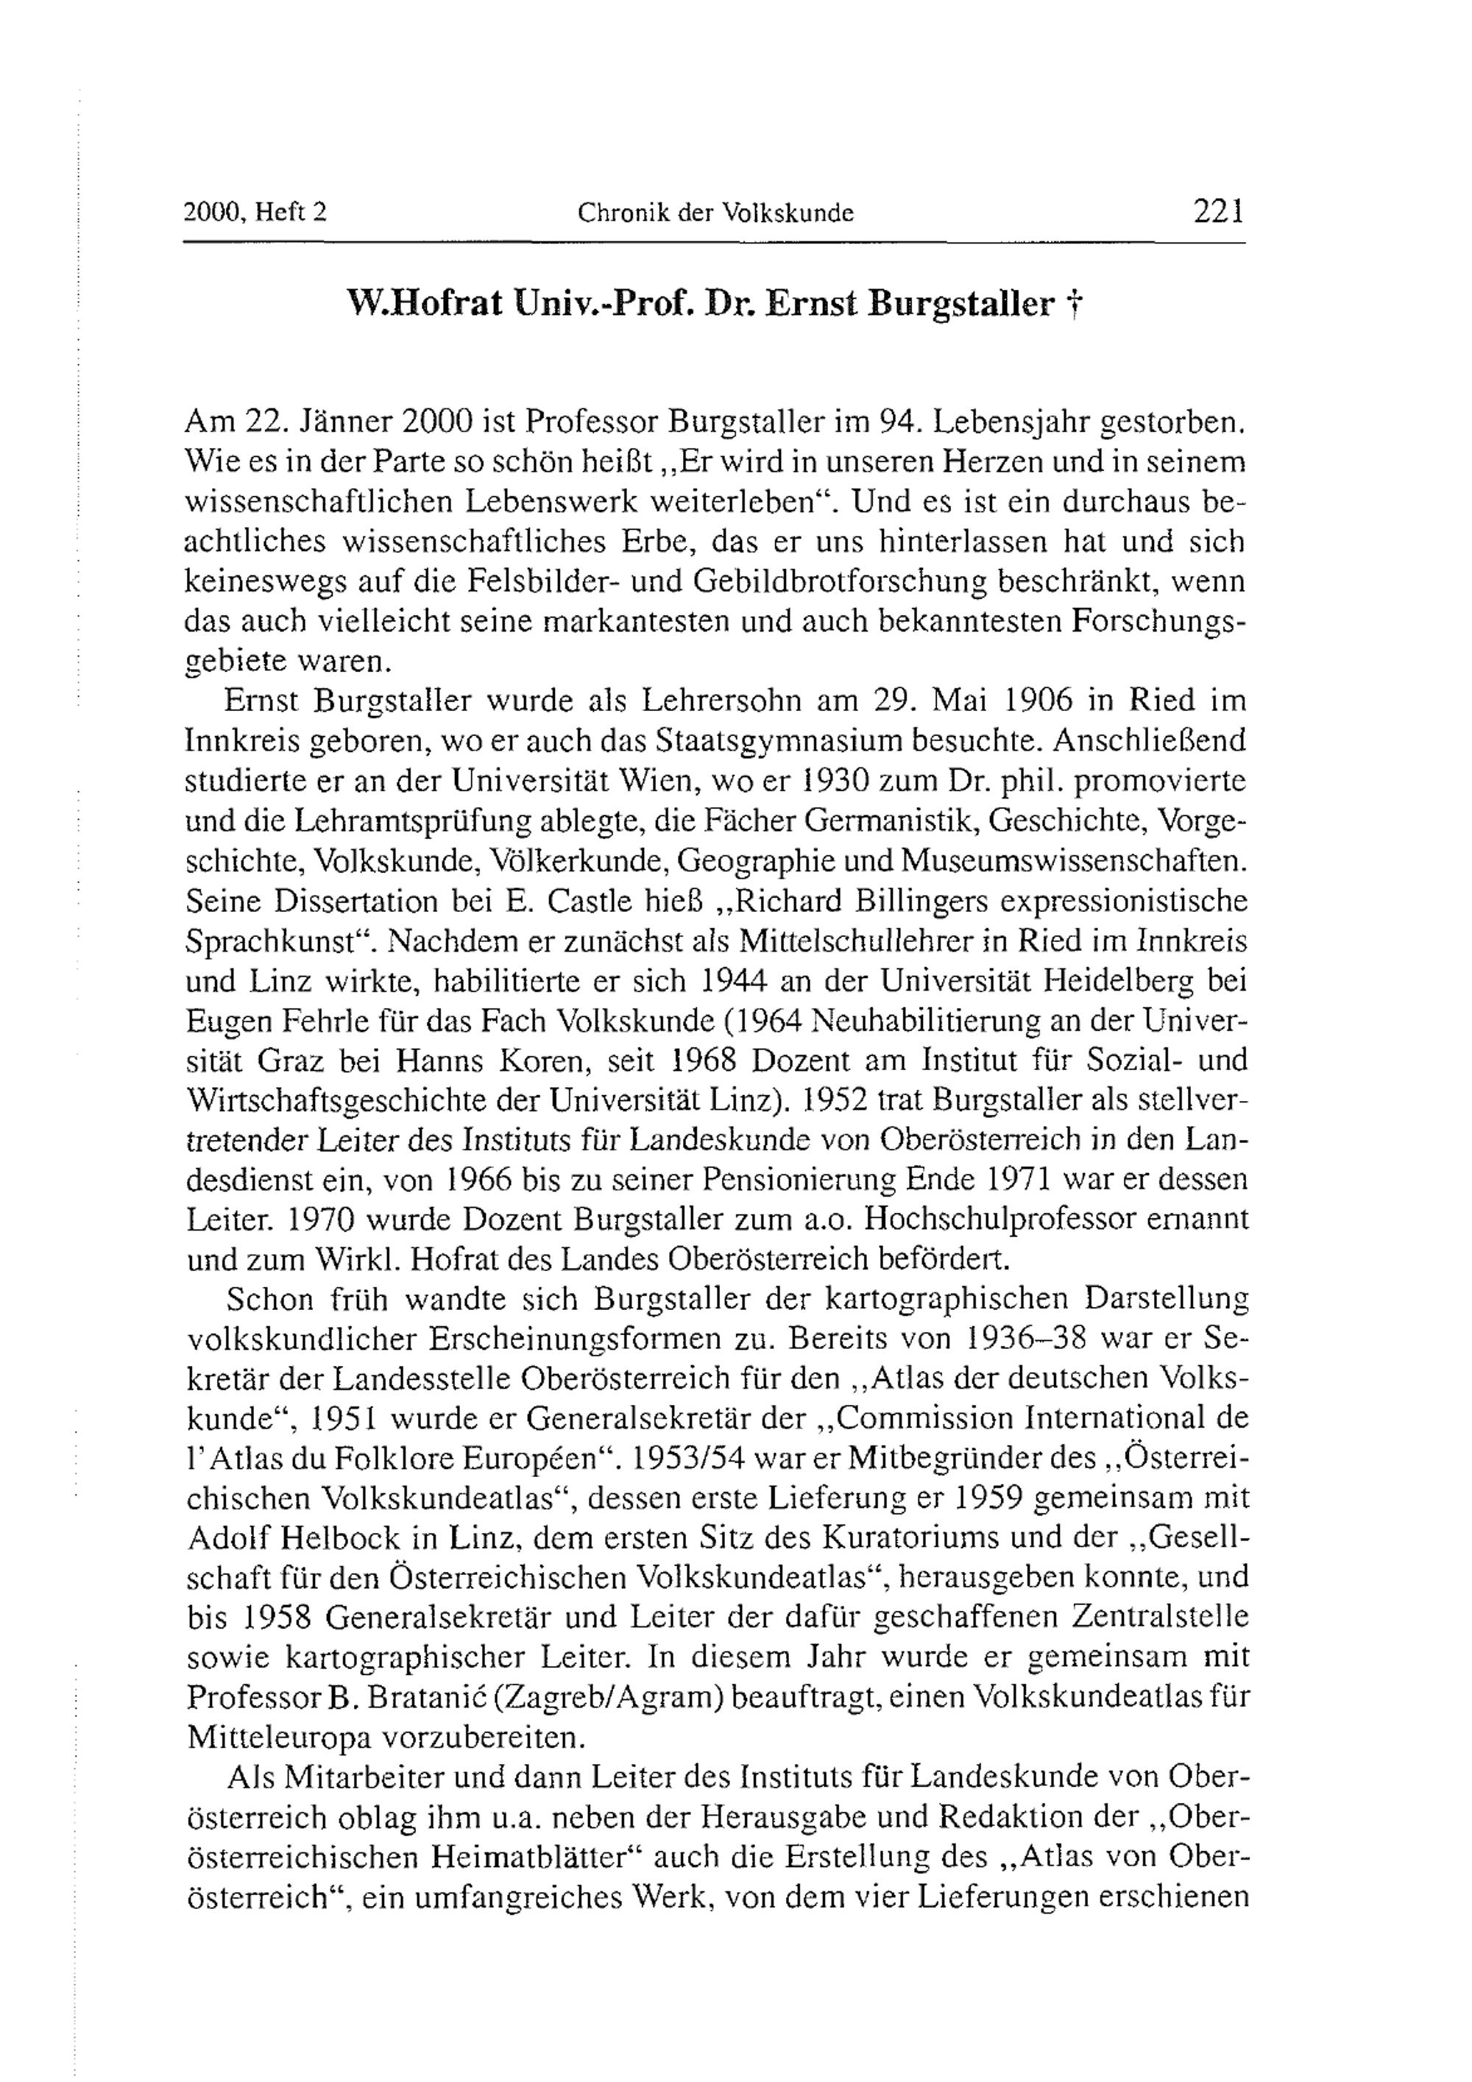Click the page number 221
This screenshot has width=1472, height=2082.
pos(1219,211)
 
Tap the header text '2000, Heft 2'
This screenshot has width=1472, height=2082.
pos(255,213)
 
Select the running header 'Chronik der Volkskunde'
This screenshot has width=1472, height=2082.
pos(715,213)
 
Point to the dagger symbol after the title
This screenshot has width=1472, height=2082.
pos(1073,306)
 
